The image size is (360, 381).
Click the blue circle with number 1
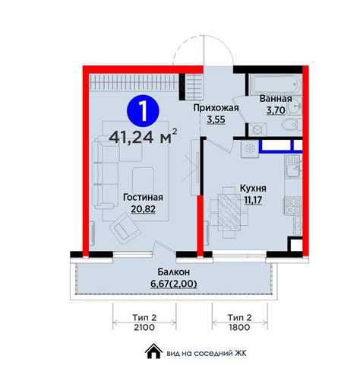tap(143, 111)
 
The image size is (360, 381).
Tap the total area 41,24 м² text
tap(143, 137)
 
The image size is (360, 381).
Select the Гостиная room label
tap(143, 197)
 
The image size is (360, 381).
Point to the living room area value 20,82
tap(143, 209)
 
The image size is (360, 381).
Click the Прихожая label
tap(216, 108)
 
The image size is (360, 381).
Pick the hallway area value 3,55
tap(216, 119)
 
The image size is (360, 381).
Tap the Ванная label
tap(276, 99)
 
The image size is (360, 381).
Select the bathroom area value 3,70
tap(276, 110)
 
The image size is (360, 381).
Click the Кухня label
tap(253, 189)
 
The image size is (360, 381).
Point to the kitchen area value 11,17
tap(253, 200)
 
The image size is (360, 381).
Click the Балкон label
tap(174, 272)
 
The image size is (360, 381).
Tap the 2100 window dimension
tap(144, 327)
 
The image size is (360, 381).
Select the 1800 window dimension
tap(239, 327)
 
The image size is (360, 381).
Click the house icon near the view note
tap(153, 351)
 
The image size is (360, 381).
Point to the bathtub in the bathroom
tap(275, 84)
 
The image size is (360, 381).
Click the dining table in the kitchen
tap(229, 212)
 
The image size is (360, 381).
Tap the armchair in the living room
tap(125, 229)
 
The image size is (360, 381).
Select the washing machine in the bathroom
tap(257, 130)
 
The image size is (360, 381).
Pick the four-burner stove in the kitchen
tap(293, 205)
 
